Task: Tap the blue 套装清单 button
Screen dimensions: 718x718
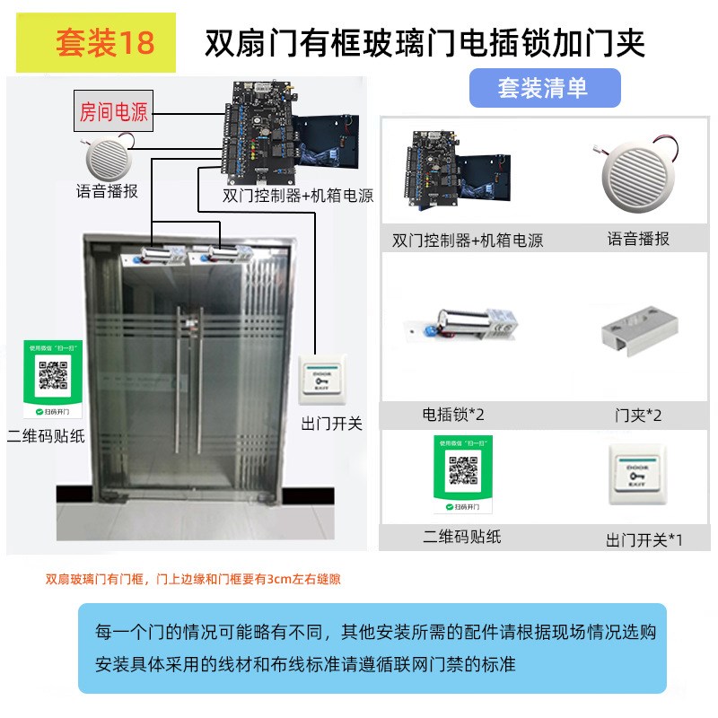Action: tap(543, 88)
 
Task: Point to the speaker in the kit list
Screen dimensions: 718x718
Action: tap(637, 171)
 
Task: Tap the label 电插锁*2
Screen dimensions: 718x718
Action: tap(453, 415)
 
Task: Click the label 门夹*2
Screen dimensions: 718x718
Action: tap(638, 416)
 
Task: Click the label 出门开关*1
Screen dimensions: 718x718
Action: tap(644, 539)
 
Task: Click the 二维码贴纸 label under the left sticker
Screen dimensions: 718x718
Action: tap(46, 437)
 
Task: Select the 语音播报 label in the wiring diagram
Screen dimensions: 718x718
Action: tap(107, 191)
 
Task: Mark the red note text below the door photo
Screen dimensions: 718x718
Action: tap(193, 580)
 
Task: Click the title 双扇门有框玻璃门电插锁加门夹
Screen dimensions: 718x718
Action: tap(425, 43)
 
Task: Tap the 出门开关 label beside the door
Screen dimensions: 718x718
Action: tap(332, 424)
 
